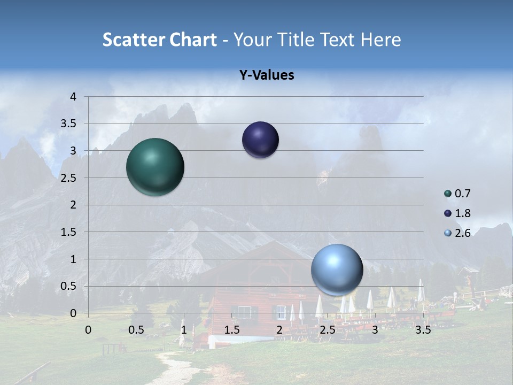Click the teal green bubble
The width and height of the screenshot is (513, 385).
(155, 167)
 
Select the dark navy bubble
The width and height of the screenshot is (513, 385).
(260, 140)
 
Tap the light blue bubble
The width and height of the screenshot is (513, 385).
(337, 269)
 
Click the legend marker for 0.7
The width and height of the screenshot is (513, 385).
(448, 194)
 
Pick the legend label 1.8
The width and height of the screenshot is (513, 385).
(462, 213)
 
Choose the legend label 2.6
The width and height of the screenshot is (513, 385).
(462, 233)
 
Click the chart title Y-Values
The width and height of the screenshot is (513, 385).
(267, 75)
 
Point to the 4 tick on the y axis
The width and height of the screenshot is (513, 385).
(74, 97)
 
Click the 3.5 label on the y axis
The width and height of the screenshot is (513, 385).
(69, 124)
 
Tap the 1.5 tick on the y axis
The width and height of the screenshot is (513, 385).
(69, 232)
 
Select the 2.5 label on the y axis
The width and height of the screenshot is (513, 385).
(69, 178)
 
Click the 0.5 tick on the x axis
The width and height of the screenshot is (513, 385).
(136, 330)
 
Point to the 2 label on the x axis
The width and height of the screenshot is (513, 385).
(279, 330)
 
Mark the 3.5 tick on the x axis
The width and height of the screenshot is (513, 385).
(423, 330)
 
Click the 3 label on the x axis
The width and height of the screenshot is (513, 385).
(375, 330)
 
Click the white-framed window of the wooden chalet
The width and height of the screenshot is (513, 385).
(245, 312)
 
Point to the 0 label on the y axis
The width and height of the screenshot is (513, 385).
(74, 313)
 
